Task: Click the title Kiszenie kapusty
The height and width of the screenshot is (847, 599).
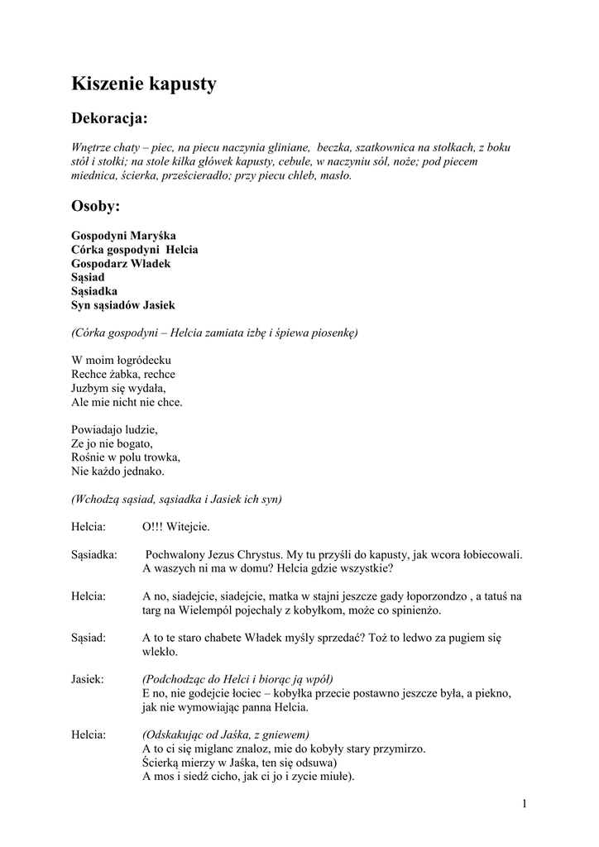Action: [144, 84]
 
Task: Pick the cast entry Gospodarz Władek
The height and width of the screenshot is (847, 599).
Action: [121, 263]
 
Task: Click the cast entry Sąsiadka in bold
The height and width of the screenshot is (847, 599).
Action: [94, 291]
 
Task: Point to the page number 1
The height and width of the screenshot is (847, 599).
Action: [525, 804]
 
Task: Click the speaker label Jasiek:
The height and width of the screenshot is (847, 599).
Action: [88, 679]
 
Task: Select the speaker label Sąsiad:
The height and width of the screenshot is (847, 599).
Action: [89, 638]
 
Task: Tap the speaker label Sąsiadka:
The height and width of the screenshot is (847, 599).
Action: [93, 554]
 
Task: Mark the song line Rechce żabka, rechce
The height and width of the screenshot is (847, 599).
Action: [123, 375]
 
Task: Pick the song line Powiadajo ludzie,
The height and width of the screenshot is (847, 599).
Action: [114, 430]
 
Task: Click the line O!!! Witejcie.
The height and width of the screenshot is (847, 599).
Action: [176, 526]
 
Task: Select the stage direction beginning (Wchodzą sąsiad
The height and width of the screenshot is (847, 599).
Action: [176, 499]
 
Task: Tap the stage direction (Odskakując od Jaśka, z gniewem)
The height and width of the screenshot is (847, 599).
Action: [226, 735]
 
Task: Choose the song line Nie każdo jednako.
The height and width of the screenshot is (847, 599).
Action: [117, 471]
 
